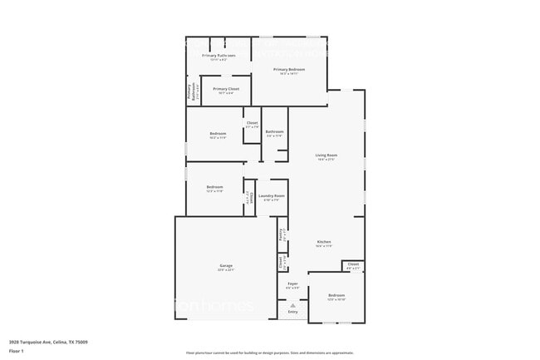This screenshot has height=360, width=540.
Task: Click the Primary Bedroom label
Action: [291, 69]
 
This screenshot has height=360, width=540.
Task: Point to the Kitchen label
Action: [324, 241]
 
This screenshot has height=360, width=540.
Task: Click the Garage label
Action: [226, 265]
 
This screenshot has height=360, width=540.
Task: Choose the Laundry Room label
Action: [272, 195]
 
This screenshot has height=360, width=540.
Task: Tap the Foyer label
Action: [292, 284]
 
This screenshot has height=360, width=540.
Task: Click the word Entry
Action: [292, 313]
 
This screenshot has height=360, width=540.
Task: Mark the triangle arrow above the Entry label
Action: [292, 305]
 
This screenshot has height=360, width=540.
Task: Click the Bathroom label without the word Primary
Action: [275, 131]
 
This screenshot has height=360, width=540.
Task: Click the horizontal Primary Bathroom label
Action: [218, 56]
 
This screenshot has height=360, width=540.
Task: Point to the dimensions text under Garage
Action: [226, 270]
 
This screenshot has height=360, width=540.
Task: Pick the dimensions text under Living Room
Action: [326, 160]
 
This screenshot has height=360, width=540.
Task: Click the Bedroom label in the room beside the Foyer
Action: [336, 295]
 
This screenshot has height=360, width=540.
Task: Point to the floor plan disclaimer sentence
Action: [269, 353]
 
